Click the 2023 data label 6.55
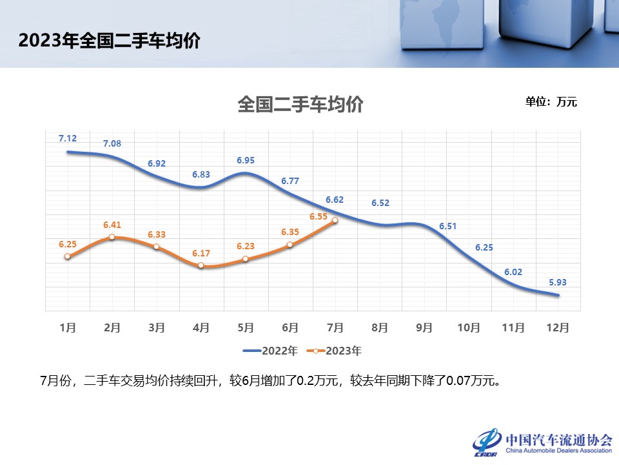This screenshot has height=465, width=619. [x=319, y=217]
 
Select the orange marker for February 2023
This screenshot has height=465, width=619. [x=112, y=237]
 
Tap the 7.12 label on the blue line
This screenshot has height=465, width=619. [x=68, y=138]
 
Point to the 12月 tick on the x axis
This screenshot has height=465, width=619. [x=558, y=327]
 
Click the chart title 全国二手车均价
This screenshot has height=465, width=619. [x=300, y=105]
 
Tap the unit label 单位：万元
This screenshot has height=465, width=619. [x=551, y=101]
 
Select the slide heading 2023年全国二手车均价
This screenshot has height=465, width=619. [x=110, y=41]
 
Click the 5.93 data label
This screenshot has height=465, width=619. [x=558, y=282]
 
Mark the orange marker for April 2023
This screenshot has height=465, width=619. [x=201, y=265]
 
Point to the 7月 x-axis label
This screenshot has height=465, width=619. [x=335, y=327]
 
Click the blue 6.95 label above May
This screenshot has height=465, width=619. [x=246, y=160]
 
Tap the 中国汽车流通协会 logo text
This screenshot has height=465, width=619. [x=558, y=439]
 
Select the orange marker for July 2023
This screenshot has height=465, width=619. [x=335, y=221]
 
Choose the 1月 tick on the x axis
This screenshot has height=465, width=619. [x=68, y=327]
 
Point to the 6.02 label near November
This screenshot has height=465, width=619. [x=513, y=272]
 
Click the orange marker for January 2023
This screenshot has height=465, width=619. [x=68, y=256]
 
